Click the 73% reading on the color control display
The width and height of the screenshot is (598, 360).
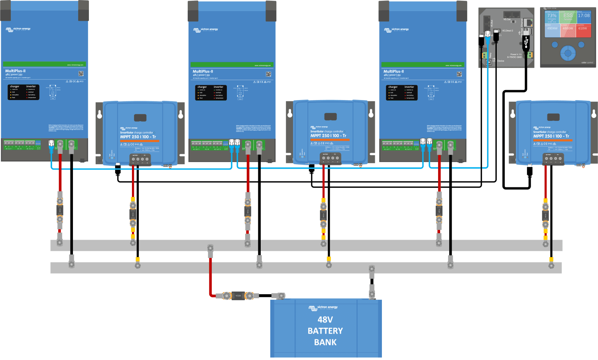[552, 16]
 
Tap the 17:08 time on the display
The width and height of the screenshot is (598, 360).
[584, 16]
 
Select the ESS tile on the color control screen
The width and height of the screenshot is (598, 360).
[568, 16]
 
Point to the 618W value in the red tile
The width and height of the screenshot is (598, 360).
[582, 28]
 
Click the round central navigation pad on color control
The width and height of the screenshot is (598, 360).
[568, 52]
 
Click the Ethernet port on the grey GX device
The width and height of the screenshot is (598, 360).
[528, 22]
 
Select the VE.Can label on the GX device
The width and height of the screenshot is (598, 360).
[507, 19]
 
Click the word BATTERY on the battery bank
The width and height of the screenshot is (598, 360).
[325, 331]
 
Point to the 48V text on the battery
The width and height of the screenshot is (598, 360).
[325, 320]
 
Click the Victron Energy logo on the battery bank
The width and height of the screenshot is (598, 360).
[323, 307]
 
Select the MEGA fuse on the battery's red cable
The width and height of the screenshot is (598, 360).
[238, 296]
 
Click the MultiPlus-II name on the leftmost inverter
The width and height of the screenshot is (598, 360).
[16, 71]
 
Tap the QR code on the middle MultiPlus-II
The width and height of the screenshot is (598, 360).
[268, 74]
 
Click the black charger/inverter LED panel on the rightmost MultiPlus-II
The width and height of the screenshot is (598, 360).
[402, 92]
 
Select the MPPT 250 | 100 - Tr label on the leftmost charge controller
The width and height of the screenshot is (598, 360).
[138, 137]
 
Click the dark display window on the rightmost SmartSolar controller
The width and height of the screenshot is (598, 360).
[553, 117]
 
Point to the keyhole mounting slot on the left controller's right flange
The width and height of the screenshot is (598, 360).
[181, 114]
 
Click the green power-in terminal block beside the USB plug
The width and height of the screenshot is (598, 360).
[530, 55]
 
